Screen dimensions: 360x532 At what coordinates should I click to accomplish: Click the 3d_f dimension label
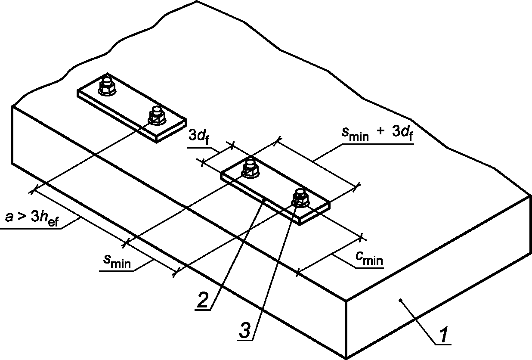pyautogui.click(x=199, y=137)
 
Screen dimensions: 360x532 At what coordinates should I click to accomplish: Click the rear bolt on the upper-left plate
pyautogui.click(x=106, y=86)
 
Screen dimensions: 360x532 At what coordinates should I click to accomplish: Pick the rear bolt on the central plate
pyautogui.click(x=250, y=168)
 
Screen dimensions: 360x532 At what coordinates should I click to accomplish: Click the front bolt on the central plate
pyautogui.click(x=300, y=198)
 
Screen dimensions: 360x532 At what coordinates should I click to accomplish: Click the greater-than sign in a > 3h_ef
pyautogui.click(x=20, y=218)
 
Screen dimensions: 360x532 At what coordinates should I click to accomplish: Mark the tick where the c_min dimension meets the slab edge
pyautogui.click(x=297, y=273)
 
